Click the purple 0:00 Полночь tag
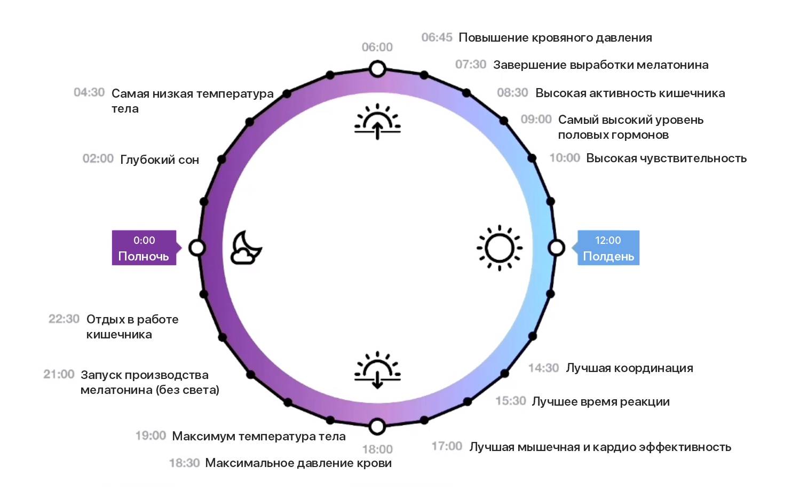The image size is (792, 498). [144, 248]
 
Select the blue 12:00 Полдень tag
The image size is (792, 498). [608, 248]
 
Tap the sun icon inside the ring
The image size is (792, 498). [500, 248]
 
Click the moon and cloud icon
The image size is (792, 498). [245, 248]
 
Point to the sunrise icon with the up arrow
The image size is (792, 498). [377, 122]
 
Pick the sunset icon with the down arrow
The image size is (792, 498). [377, 370]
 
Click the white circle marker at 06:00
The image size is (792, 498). [377, 69]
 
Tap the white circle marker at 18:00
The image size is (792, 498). [377, 426]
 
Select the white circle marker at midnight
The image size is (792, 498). [197, 248]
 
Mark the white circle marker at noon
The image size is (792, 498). [557, 248]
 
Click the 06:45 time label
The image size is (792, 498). [437, 37]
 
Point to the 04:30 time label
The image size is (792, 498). [89, 92]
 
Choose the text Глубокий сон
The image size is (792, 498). [160, 160]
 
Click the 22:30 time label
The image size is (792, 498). [64, 319]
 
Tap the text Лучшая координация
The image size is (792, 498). [629, 368]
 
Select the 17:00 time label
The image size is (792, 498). [447, 446]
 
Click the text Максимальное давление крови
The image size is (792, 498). [298, 463]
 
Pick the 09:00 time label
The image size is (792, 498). [536, 119]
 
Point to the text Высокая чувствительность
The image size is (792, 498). [666, 158]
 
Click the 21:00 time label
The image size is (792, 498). [59, 374]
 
